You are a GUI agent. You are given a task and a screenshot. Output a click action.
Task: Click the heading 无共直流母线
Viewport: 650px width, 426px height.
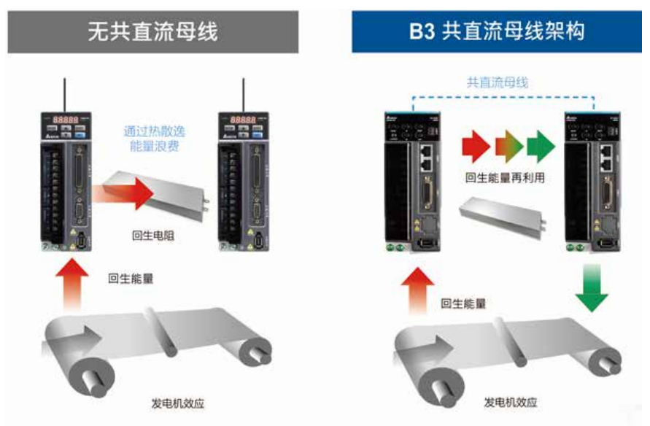pyautogui.click(x=152, y=33)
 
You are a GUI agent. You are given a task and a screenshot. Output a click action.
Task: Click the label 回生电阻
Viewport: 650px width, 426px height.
pyautogui.click(x=152, y=235)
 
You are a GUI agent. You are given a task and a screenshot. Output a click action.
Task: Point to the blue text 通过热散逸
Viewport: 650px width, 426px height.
pyautogui.click(x=155, y=132)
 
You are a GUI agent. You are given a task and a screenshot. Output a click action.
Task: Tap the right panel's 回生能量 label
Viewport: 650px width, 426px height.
pyautogui.click(x=463, y=303)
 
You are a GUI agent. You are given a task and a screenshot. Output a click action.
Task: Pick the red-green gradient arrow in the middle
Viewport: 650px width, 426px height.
pyautogui.click(x=508, y=146)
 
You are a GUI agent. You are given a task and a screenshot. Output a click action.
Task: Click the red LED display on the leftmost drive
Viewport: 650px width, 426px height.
pyautogui.click(x=64, y=120)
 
